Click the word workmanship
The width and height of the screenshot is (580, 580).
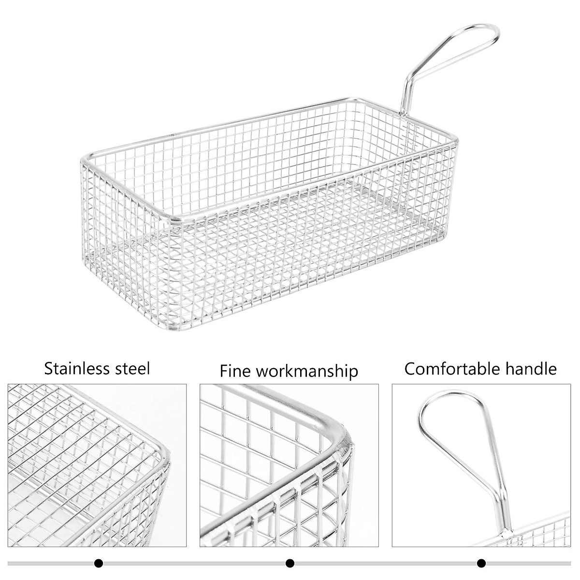pos(307,371)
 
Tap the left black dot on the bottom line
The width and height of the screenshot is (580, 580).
pos(99,563)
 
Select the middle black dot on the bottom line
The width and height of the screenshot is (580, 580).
pos(290,563)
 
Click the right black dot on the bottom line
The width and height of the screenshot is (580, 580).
pos(481,563)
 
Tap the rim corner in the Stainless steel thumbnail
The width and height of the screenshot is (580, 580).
pos(162,449)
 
